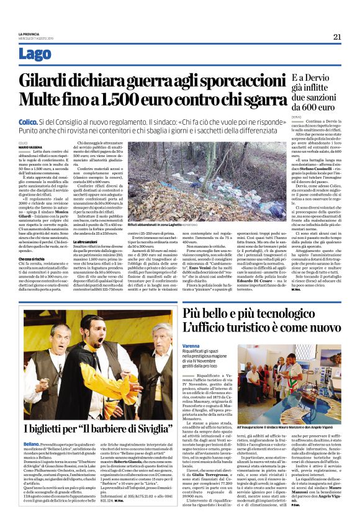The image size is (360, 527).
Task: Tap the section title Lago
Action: tap(31, 55)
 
